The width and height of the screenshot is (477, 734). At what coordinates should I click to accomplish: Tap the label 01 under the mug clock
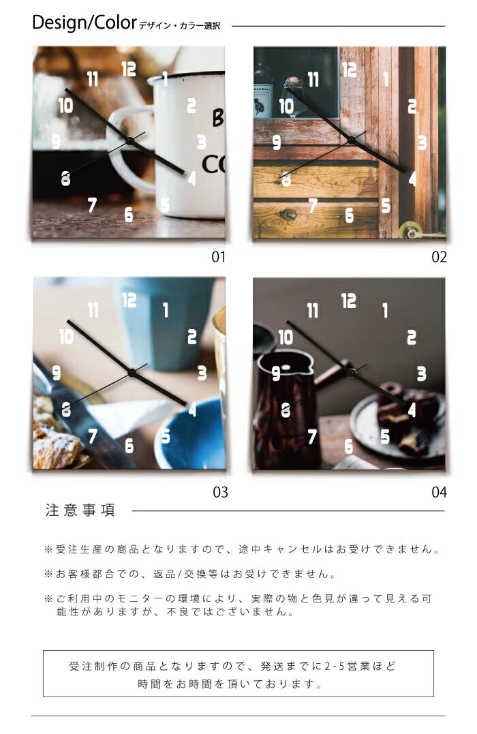click(218, 257)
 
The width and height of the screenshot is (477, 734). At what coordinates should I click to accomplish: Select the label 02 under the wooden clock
click(439, 257)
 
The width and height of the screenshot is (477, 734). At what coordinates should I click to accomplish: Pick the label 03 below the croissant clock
click(220, 491)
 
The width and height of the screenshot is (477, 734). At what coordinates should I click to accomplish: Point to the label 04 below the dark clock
click(439, 491)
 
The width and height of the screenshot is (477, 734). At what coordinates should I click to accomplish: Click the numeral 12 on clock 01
click(129, 69)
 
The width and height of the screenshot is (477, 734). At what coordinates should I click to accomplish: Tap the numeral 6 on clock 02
click(350, 215)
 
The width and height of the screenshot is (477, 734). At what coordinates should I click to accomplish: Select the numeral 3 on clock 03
click(202, 373)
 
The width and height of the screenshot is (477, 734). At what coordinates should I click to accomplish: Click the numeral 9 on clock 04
click(277, 373)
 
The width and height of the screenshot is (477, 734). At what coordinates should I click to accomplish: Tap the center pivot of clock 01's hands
click(129, 141)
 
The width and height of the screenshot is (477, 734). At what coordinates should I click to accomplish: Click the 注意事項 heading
click(80, 510)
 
